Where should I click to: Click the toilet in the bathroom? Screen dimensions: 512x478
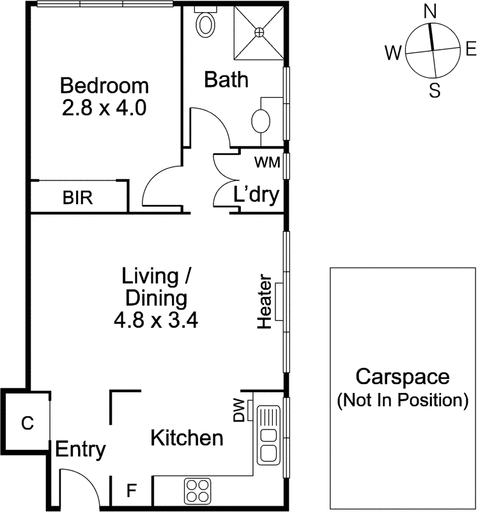206,24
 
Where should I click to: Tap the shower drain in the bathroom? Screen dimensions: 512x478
259,31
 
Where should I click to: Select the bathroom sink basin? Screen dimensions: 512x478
261,120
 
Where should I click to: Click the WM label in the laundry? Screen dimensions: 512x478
267,163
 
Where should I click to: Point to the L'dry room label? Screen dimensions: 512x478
256,195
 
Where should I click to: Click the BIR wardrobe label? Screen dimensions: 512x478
77,198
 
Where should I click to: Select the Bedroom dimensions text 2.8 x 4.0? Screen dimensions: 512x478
104,107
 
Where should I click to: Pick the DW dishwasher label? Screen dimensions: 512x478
238,410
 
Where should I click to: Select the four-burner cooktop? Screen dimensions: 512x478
198,491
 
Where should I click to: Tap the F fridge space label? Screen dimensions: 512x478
131,492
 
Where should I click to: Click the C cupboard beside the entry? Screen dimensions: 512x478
27,423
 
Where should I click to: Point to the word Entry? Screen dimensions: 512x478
80,449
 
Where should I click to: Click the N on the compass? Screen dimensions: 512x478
431,11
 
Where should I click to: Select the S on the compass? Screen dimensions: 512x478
435,90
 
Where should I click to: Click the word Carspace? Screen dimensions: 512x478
403,377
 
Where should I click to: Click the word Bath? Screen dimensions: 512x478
226,80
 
